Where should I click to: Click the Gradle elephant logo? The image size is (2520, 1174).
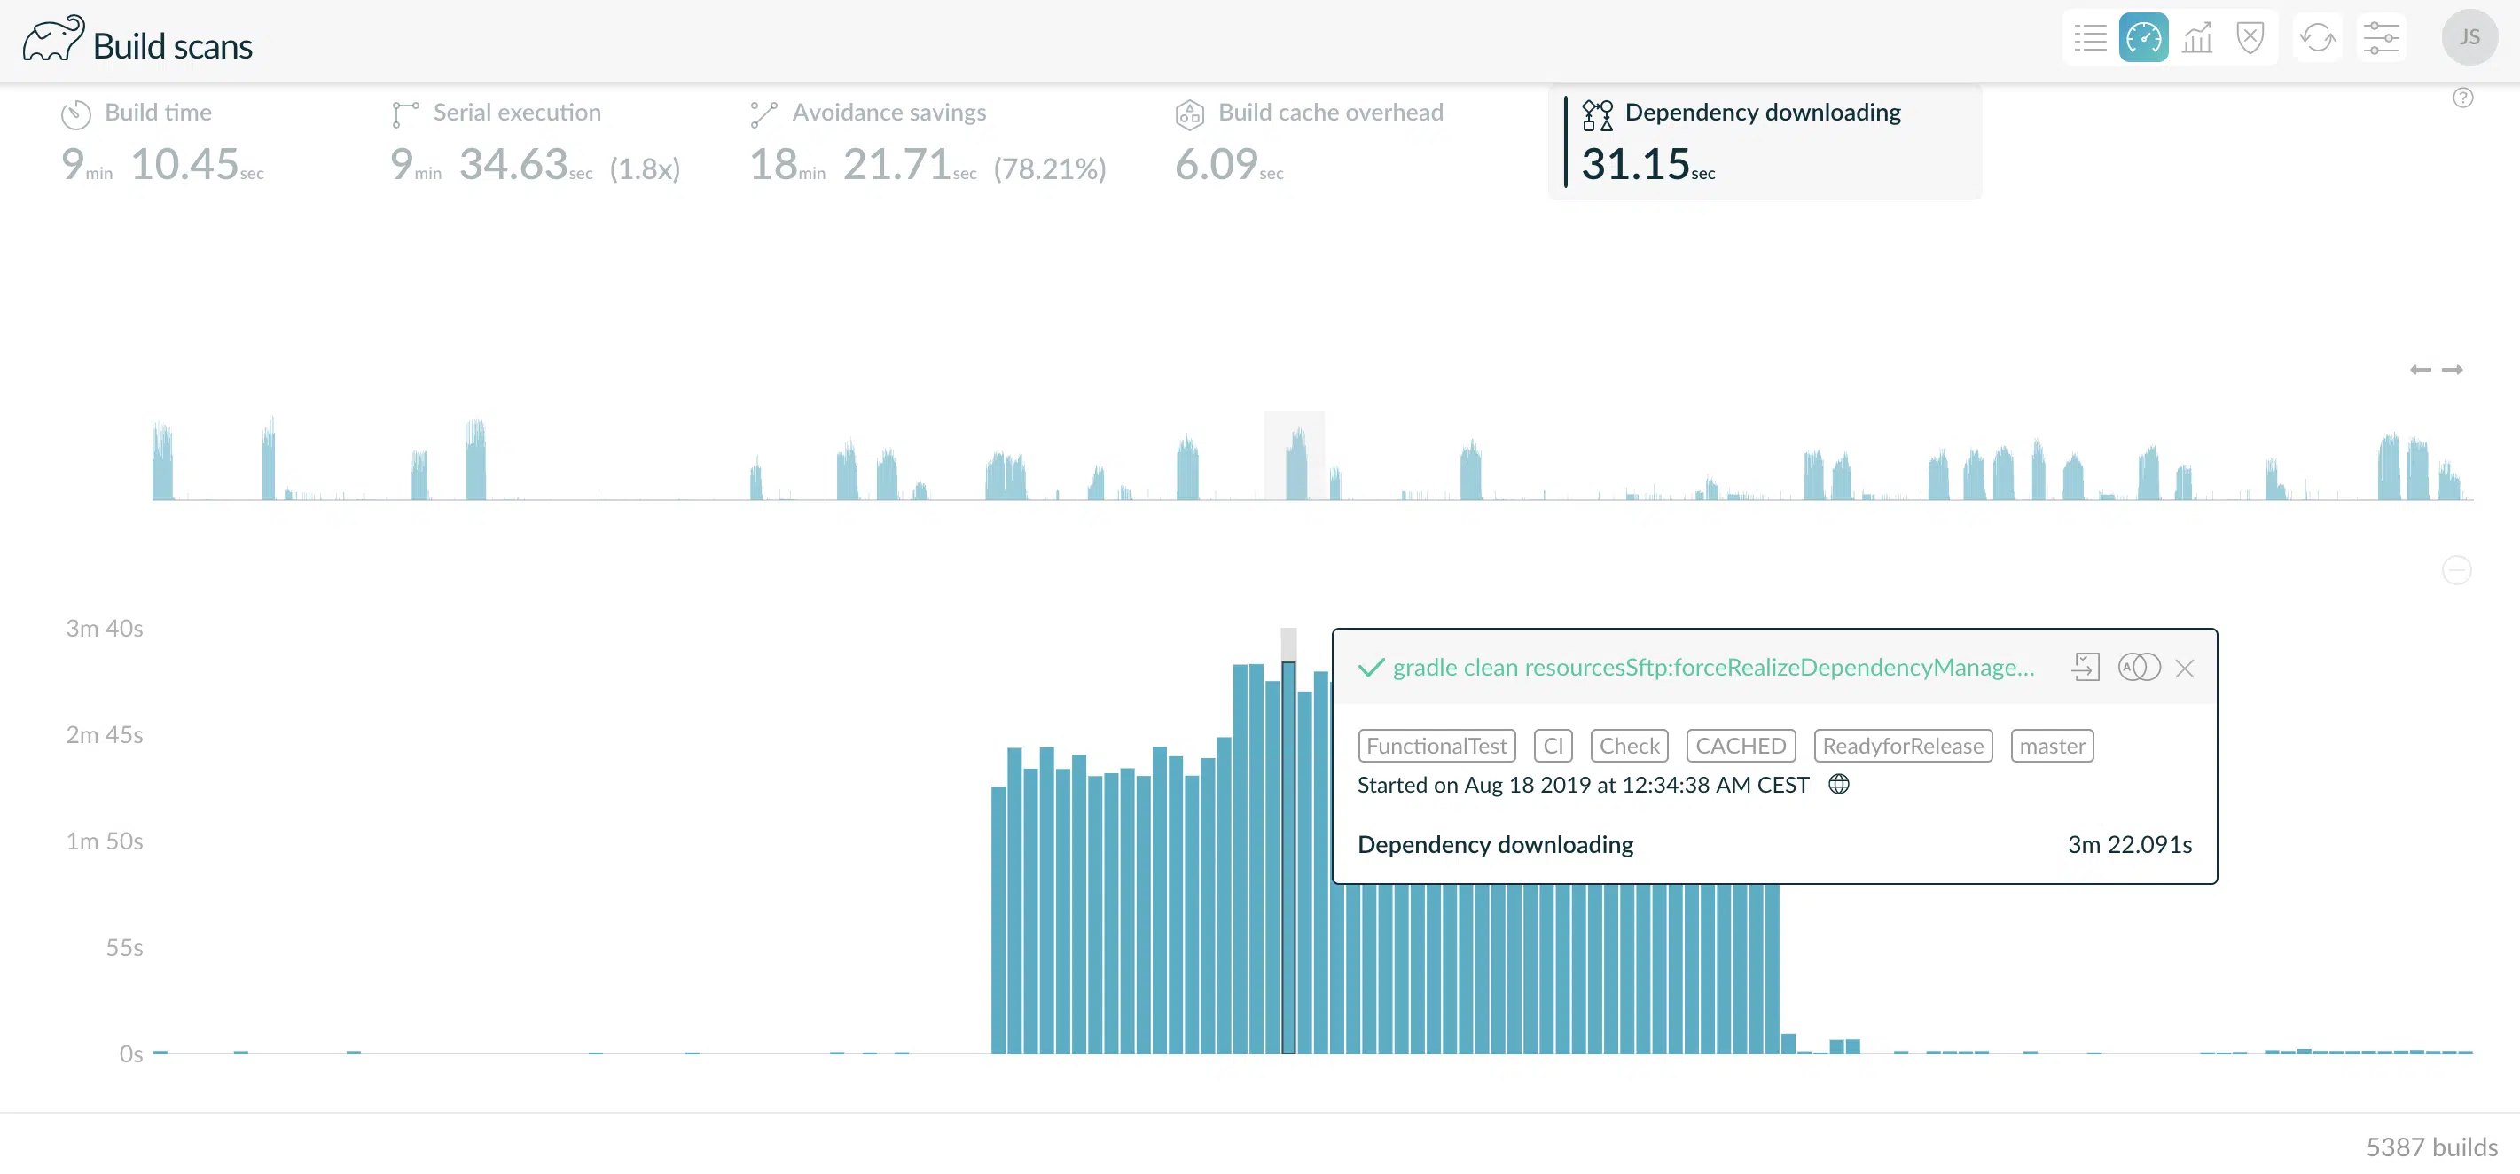pyautogui.click(x=53, y=39)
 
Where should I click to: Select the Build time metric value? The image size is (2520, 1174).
pyautogui.click(x=162, y=164)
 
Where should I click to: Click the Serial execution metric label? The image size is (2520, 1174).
pyautogui.click(x=517, y=113)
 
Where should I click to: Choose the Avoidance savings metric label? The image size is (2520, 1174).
pyautogui.click(x=888, y=113)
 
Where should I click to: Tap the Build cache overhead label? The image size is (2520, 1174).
pyautogui.click(x=1330, y=113)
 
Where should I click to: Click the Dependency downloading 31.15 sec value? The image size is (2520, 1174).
pyautogui.click(x=1647, y=164)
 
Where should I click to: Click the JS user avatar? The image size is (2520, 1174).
pyautogui.click(x=2469, y=37)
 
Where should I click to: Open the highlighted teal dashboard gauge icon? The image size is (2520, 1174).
pyautogui.click(x=2143, y=38)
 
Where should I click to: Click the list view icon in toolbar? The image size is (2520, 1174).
pyautogui.click(x=2091, y=38)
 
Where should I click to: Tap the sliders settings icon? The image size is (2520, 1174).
pyautogui.click(x=2381, y=38)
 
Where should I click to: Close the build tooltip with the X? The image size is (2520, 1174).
pyautogui.click(x=2185, y=669)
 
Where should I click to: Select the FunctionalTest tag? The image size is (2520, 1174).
pyautogui.click(x=1436, y=746)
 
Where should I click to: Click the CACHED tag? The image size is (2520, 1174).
pyautogui.click(x=1741, y=746)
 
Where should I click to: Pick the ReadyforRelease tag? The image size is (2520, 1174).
pyautogui.click(x=1903, y=746)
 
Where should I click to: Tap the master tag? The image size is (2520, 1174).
pyautogui.click(x=2052, y=746)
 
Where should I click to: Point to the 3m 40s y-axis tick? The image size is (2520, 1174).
pyautogui.click(x=105, y=628)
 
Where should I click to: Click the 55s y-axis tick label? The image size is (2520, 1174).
pyautogui.click(x=124, y=947)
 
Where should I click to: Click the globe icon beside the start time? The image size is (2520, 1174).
pyautogui.click(x=1839, y=785)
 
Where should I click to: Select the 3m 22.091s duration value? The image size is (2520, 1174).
pyautogui.click(x=2130, y=844)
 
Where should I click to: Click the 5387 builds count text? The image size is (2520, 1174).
pyautogui.click(x=2431, y=1147)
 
